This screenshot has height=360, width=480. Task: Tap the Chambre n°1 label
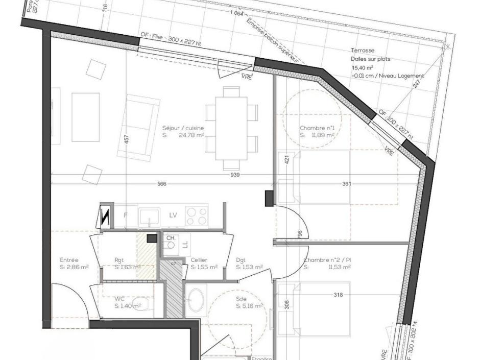click(317, 128)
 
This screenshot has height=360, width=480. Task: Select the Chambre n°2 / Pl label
click(327, 260)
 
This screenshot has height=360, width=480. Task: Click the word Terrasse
click(363, 51)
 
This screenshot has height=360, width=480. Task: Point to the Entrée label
click(69, 260)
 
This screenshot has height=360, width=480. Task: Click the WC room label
click(119, 299)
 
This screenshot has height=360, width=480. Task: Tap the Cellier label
click(199, 260)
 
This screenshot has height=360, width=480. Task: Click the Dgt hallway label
click(241, 260)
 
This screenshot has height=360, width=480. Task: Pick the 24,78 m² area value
click(191, 136)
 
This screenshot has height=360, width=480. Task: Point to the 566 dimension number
click(162, 184)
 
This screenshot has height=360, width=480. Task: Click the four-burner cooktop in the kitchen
click(196, 215)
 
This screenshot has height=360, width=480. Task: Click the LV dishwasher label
click(173, 215)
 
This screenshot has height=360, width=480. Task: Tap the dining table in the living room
click(231, 128)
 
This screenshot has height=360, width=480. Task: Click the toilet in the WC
click(143, 305)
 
